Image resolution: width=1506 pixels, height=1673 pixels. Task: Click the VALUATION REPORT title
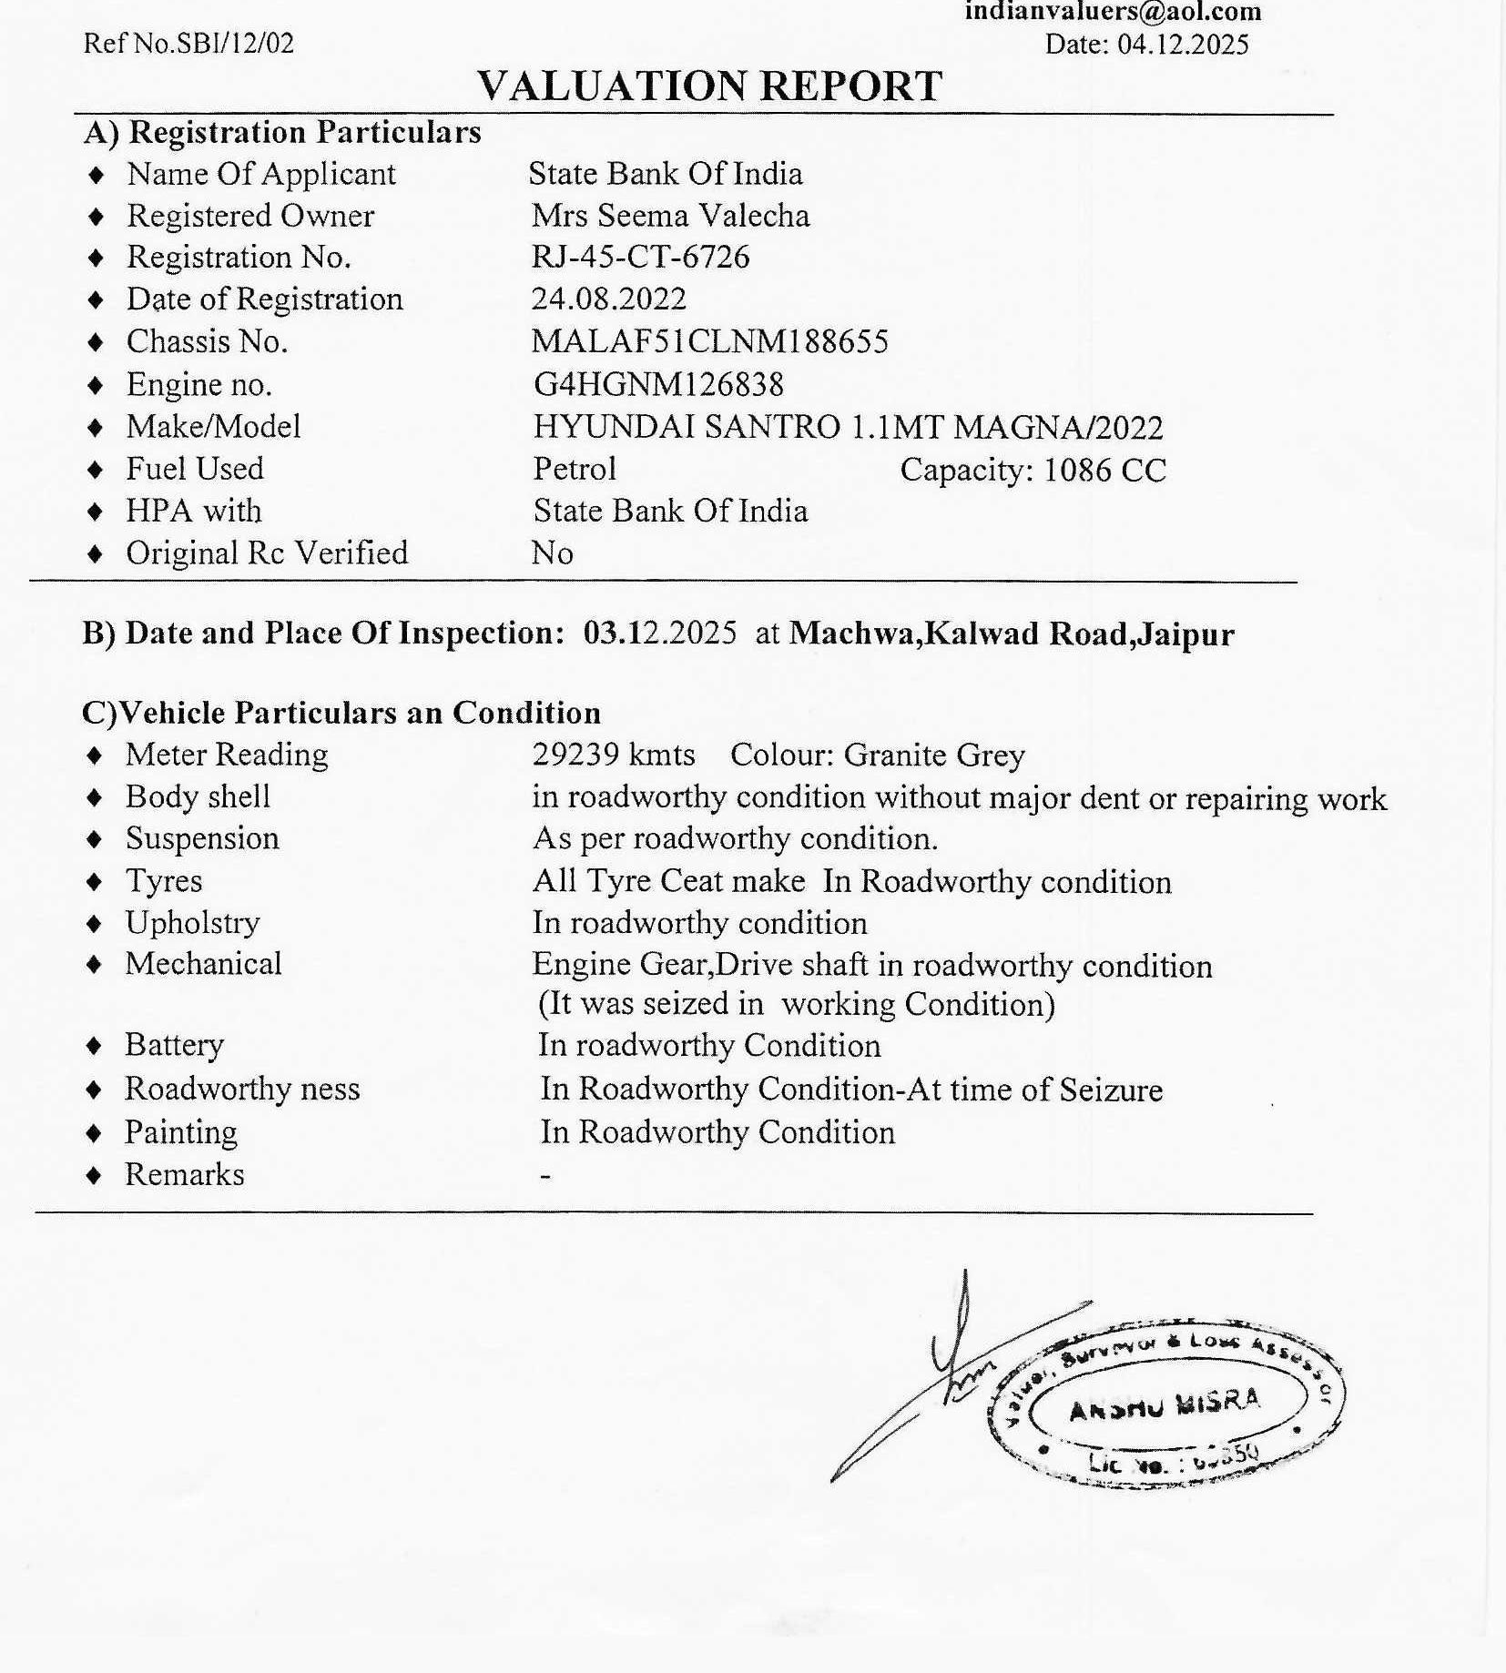pyautogui.click(x=709, y=86)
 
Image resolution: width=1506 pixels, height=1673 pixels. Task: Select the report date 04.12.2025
pyautogui.click(x=1183, y=44)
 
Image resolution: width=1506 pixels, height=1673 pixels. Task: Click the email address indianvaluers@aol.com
pyautogui.click(x=1113, y=11)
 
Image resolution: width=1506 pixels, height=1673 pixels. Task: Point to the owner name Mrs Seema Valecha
pyautogui.click(x=670, y=216)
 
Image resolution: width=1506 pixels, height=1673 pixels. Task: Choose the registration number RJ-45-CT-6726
pyautogui.click(x=640, y=258)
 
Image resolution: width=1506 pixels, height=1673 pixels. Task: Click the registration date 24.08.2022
pyautogui.click(x=609, y=299)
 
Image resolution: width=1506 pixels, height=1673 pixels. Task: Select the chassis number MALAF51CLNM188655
pyautogui.click(x=709, y=341)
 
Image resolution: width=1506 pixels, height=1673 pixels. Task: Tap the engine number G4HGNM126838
pyautogui.click(x=657, y=385)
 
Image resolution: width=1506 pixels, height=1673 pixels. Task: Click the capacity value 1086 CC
pyautogui.click(x=1104, y=470)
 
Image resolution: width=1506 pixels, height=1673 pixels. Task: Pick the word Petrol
pyautogui.click(x=575, y=469)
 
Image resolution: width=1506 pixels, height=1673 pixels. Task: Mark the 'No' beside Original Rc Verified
pyautogui.click(x=552, y=553)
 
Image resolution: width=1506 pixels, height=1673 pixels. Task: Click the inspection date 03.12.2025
pyautogui.click(x=659, y=633)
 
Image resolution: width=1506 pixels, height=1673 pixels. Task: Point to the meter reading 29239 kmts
pyautogui.click(x=614, y=755)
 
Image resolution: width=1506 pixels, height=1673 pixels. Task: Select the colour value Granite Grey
pyautogui.click(x=934, y=755)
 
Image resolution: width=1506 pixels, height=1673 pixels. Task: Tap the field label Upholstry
pyautogui.click(x=192, y=923)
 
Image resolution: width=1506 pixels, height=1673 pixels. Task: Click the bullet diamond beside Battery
pyautogui.click(x=94, y=1046)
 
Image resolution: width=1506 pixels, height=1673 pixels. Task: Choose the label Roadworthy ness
pyautogui.click(x=242, y=1089)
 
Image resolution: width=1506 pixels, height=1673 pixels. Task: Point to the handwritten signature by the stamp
pyautogui.click(x=947, y=1365)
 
